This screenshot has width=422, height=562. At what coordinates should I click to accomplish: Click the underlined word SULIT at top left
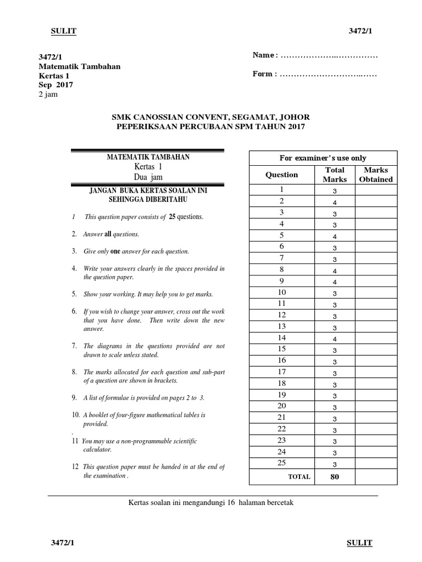tap(63, 31)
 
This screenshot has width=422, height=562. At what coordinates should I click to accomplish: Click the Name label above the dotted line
tap(263, 55)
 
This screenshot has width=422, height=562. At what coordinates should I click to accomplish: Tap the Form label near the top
tap(263, 74)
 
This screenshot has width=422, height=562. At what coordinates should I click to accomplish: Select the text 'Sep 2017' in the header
tap(55, 85)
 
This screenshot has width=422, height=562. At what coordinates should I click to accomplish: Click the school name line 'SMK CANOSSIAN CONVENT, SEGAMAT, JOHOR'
tap(210, 117)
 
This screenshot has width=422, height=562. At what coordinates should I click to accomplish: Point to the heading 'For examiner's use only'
tap(323, 158)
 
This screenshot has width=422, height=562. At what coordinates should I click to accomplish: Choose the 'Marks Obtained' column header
tap(376, 175)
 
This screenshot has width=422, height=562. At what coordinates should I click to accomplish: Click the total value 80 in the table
tap(334, 476)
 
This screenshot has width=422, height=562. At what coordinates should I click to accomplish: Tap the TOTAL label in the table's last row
tap(299, 476)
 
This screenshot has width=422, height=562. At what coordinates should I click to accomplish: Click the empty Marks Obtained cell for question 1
tap(376, 190)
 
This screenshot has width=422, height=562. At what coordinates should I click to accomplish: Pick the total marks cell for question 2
tap(334, 202)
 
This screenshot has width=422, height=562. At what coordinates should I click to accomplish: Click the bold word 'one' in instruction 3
tap(115, 251)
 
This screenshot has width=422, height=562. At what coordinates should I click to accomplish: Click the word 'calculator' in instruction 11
tap(97, 449)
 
